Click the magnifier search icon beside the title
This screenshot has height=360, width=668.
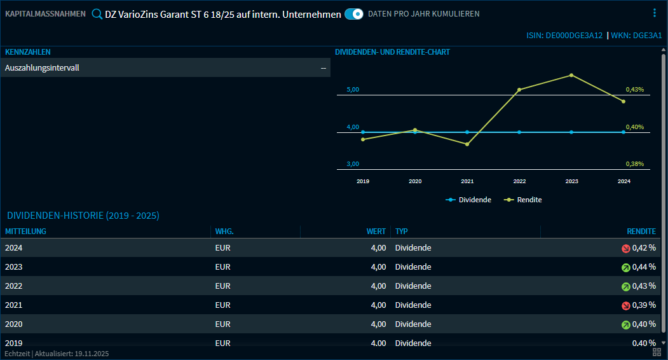(97, 14)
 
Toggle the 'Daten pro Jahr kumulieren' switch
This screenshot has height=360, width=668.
(353, 13)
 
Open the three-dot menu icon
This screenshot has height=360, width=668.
(655, 13)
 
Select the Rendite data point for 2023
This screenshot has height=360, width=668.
(571, 75)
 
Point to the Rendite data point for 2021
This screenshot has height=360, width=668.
(467, 144)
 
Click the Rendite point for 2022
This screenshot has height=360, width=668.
(519, 90)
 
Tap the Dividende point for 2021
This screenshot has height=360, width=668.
(467, 132)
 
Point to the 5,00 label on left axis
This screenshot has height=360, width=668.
(353, 90)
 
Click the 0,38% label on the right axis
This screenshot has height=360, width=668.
(634, 164)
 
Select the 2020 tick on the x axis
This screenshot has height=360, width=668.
(415, 181)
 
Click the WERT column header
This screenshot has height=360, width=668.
(376, 232)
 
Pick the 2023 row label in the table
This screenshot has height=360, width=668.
(13, 267)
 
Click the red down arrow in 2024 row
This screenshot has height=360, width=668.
(625, 249)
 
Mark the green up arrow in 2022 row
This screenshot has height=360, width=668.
(625, 287)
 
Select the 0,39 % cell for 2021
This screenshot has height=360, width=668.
(644, 305)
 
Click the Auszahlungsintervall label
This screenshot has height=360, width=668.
(42, 67)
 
